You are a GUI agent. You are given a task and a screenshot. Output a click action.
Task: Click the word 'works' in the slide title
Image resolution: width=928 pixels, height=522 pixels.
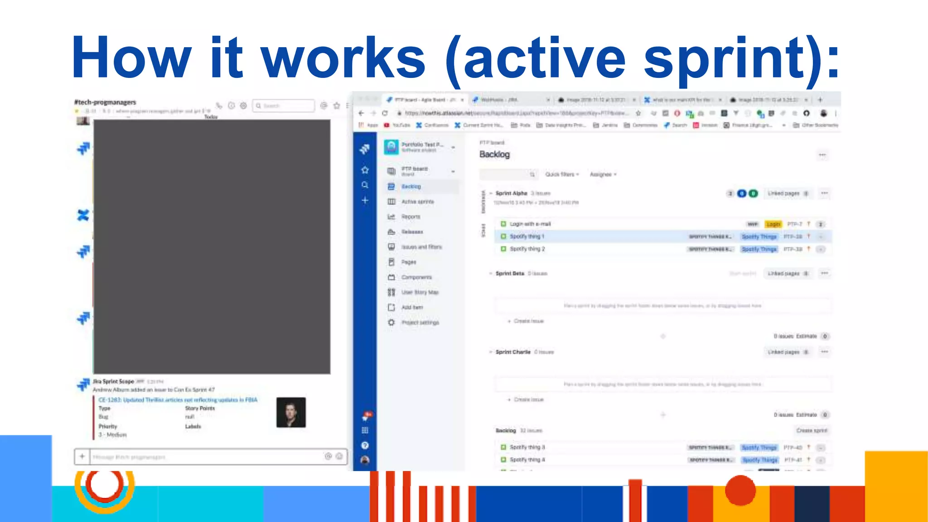point(343,58)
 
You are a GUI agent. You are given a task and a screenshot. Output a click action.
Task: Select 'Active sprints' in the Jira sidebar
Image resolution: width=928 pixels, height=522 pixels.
point(417,202)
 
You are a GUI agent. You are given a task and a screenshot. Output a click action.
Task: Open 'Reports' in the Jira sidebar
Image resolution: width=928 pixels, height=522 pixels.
point(411,217)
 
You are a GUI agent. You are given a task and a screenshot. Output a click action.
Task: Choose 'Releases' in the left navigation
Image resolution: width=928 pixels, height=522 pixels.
point(412,232)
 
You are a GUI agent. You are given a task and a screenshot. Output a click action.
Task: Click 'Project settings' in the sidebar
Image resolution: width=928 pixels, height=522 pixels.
point(420,323)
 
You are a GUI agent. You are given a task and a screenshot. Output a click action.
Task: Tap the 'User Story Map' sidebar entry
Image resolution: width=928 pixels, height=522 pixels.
point(420,292)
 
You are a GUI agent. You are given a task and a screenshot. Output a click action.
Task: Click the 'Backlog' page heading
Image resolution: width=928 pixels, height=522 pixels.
point(494,155)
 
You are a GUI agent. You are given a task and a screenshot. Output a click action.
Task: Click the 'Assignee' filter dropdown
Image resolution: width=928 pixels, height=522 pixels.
point(603,174)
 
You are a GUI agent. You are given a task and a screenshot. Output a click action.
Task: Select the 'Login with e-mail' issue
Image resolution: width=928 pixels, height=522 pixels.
point(530,224)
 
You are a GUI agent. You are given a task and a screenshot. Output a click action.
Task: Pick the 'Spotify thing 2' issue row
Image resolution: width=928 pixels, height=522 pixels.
point(527,249)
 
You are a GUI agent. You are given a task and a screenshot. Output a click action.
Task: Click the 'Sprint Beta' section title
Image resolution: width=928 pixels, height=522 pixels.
point(510,273)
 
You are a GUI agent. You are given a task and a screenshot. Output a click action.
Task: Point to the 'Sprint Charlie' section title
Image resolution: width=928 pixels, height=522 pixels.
point(513,352)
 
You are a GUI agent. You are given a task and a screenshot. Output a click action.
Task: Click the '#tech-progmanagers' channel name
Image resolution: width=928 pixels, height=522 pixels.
point(105,102)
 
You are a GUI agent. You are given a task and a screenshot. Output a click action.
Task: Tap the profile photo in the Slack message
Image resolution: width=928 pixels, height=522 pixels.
point(291,412)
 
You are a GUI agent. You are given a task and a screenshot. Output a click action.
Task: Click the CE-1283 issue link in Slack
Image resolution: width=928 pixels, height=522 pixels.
point(178,400)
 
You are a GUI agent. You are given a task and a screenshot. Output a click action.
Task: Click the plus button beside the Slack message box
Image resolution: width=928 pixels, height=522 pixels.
point(82,456)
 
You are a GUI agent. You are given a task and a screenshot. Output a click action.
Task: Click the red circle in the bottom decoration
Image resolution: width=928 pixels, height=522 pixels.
point(740,490)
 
